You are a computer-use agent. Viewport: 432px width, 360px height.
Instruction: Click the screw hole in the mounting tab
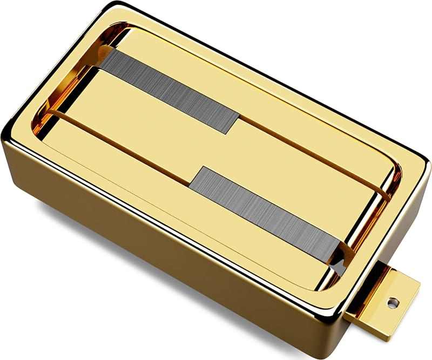[391, 303]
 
